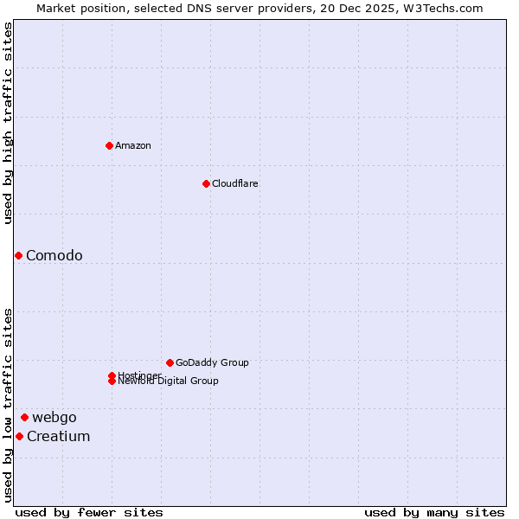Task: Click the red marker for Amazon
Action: coord(109,145)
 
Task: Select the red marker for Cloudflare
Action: coord(206,183)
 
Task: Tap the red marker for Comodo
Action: coord(18,255)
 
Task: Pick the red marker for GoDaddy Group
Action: coord(170,362)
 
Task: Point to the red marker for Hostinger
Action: coord(112,375)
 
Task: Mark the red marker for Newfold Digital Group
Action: coord(112,381)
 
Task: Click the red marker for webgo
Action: coord(24,417)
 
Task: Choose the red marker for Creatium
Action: coord(19,436)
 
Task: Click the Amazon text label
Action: coord(133,145)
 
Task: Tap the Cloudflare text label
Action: coord(235,183)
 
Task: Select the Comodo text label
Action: coord(54,255)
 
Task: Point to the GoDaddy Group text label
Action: coord(212,362)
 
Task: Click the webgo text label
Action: coord(54,417)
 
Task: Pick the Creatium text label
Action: coord(59,436)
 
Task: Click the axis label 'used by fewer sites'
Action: coord(89,512)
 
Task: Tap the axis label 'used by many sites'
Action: coord(434,512)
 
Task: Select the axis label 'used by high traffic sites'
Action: coord(8,123)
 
